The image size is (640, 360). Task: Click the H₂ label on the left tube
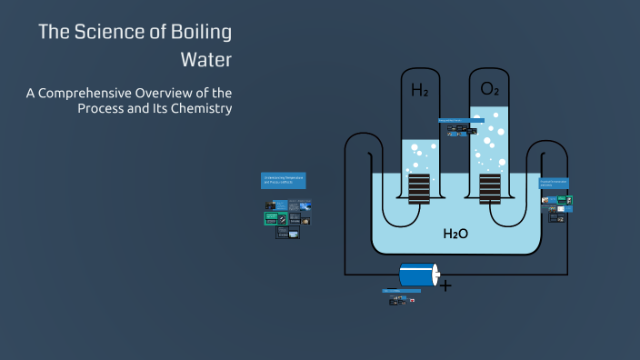coord(419,90)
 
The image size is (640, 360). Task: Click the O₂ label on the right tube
coord(489,89)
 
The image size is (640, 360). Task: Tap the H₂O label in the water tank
coord(455,234)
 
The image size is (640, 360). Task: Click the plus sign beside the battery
coord(445,285)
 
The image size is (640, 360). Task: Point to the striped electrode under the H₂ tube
coord(418,187)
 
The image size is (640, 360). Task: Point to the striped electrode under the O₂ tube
coord(489,187)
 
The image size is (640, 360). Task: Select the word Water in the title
coord(206,61)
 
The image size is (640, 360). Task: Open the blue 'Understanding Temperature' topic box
coord(284,180)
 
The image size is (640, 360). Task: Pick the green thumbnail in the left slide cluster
coord(270,218)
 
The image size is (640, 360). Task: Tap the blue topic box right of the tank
coord(554,184)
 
